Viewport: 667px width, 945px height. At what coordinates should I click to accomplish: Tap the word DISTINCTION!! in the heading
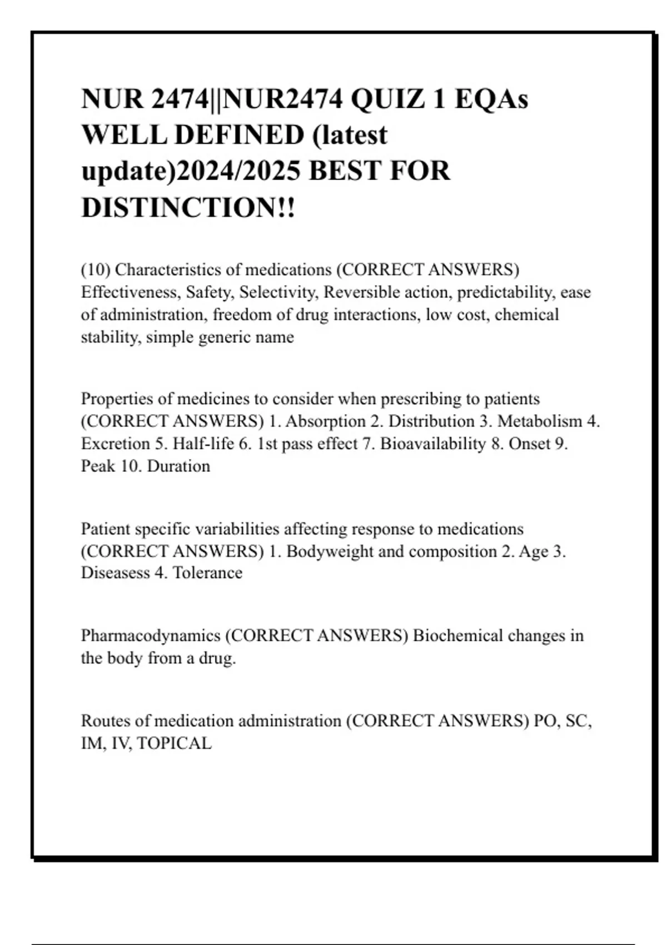[188, 207]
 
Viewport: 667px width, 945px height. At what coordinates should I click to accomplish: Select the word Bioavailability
[433, 444]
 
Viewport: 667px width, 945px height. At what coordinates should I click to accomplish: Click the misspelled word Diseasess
[116, 573]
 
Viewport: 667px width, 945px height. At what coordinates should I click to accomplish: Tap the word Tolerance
[207, 573]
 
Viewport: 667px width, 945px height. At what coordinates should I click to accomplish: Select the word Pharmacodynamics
[151, 635]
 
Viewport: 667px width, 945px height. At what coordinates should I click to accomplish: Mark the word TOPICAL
[174, 743]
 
